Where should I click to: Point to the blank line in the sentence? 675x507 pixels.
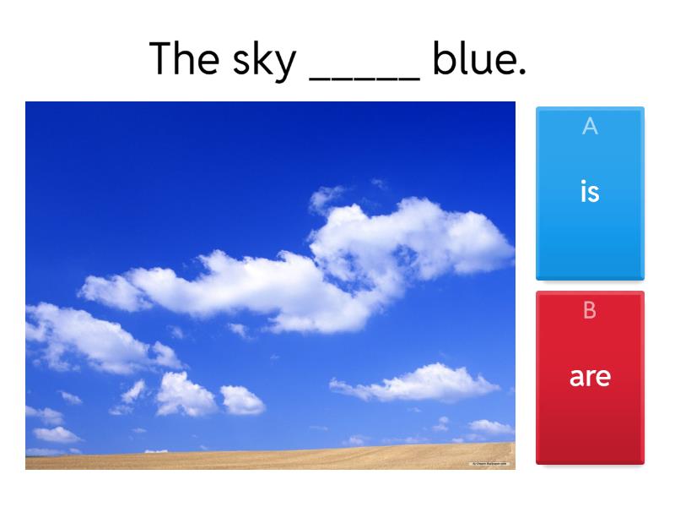(x=364, y=77)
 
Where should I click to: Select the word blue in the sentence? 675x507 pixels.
(x=472, y=59)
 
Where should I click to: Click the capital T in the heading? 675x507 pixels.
(x=163, y=58)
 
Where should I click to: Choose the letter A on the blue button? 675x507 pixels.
(x=590, y=127)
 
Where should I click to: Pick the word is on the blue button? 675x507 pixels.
(x=590, y=192)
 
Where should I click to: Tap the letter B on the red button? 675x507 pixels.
(x=590, y=311)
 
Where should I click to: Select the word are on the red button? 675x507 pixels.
(x=590, y=377)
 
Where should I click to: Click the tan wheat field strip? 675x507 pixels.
(x=270, y=458)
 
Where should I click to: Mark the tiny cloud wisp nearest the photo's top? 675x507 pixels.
(x=380, y=183)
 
